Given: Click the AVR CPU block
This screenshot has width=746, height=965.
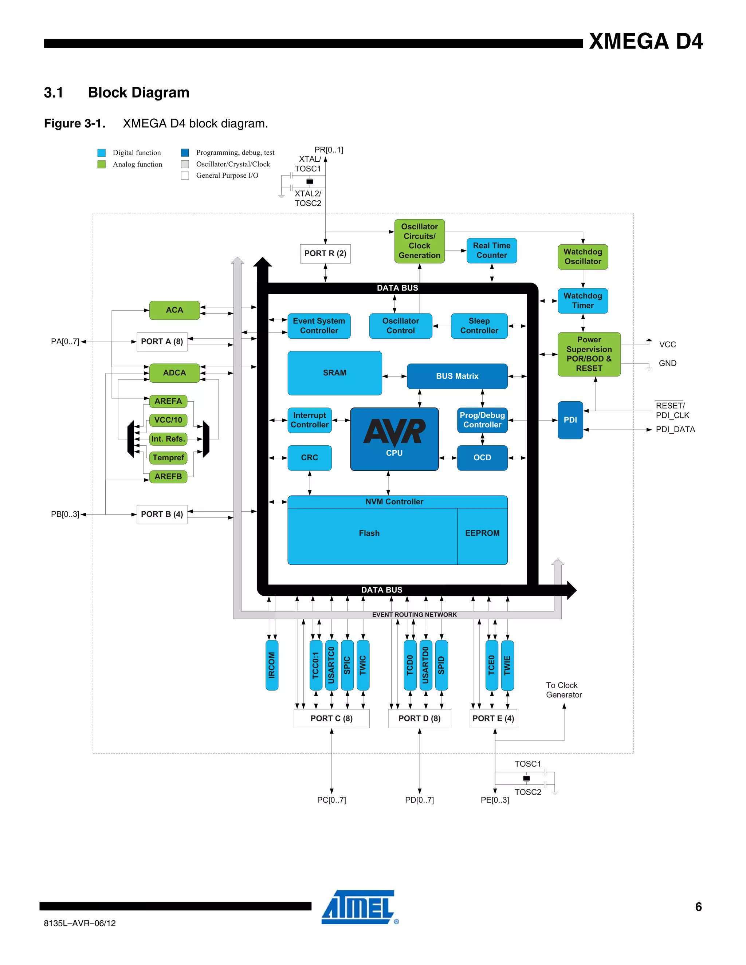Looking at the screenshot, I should coord(394,439).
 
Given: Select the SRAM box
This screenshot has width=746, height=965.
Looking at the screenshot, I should coord(334,373).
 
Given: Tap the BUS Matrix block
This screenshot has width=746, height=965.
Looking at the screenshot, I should coord(457,376).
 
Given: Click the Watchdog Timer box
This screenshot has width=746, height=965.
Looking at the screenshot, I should coord(582,301).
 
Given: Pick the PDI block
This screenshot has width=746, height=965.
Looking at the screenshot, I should coord(570,420).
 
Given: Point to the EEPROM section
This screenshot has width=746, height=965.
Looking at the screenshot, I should coord(482,533).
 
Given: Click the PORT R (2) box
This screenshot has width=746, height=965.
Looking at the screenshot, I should coord(325,253).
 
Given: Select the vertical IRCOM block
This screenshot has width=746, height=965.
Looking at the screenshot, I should coord(272,665).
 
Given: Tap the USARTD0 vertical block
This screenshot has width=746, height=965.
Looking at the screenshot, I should coord(425,665).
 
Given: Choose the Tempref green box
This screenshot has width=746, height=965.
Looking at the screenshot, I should coord(168,458).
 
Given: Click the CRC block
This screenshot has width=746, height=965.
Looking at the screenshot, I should coord(309,458).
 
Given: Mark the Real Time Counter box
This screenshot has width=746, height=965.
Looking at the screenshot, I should coord(491,251).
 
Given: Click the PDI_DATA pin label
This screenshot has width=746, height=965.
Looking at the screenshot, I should coord(675,429).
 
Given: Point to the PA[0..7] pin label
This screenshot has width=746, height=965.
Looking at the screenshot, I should coord(65,342).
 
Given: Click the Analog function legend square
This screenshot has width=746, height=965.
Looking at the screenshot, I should coord(102,164).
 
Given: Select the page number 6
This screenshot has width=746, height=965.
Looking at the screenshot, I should coord(698,907).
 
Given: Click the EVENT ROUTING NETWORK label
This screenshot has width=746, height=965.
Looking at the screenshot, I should coord(414,615).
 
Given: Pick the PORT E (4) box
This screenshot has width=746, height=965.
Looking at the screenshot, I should coord(493,718).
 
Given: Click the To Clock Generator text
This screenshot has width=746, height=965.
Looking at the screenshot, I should coord(564,690).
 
